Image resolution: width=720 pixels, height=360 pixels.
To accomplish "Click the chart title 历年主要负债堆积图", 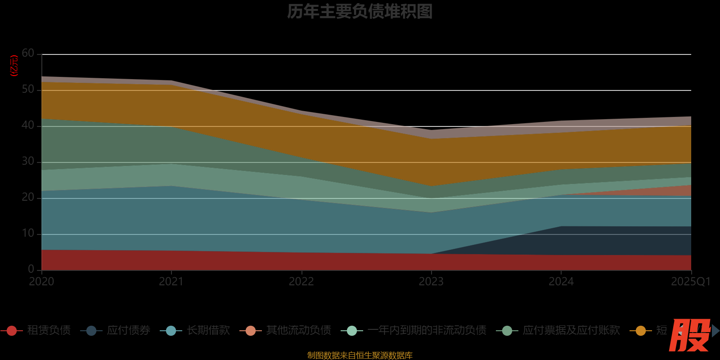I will pos(360,12).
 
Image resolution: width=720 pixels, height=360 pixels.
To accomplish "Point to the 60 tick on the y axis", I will pos(28,54).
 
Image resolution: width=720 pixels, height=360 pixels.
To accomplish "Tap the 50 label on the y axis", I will pos(28,90).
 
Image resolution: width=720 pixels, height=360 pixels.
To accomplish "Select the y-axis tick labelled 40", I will pos(28,126).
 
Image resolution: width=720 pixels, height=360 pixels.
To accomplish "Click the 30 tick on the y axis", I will pos(28,162).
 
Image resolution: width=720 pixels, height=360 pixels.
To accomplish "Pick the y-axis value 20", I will pos(28,198).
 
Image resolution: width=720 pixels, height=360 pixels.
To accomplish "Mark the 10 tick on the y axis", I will pos(28,234).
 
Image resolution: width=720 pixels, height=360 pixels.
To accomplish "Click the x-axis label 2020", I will pos(41,282).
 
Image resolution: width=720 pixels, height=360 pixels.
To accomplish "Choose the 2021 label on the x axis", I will pos(171,282).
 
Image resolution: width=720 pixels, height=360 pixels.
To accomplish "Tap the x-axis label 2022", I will pos(301,282).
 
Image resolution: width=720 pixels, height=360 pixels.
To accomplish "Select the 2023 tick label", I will pos(431,282).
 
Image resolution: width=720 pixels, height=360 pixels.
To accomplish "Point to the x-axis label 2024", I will pos(561,282).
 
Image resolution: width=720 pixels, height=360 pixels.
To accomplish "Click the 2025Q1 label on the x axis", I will pos(690,282).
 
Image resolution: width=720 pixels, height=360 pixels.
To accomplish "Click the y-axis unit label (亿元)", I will pos(14,66).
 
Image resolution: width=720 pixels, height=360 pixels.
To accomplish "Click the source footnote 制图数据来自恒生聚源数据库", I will pos(360,355).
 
